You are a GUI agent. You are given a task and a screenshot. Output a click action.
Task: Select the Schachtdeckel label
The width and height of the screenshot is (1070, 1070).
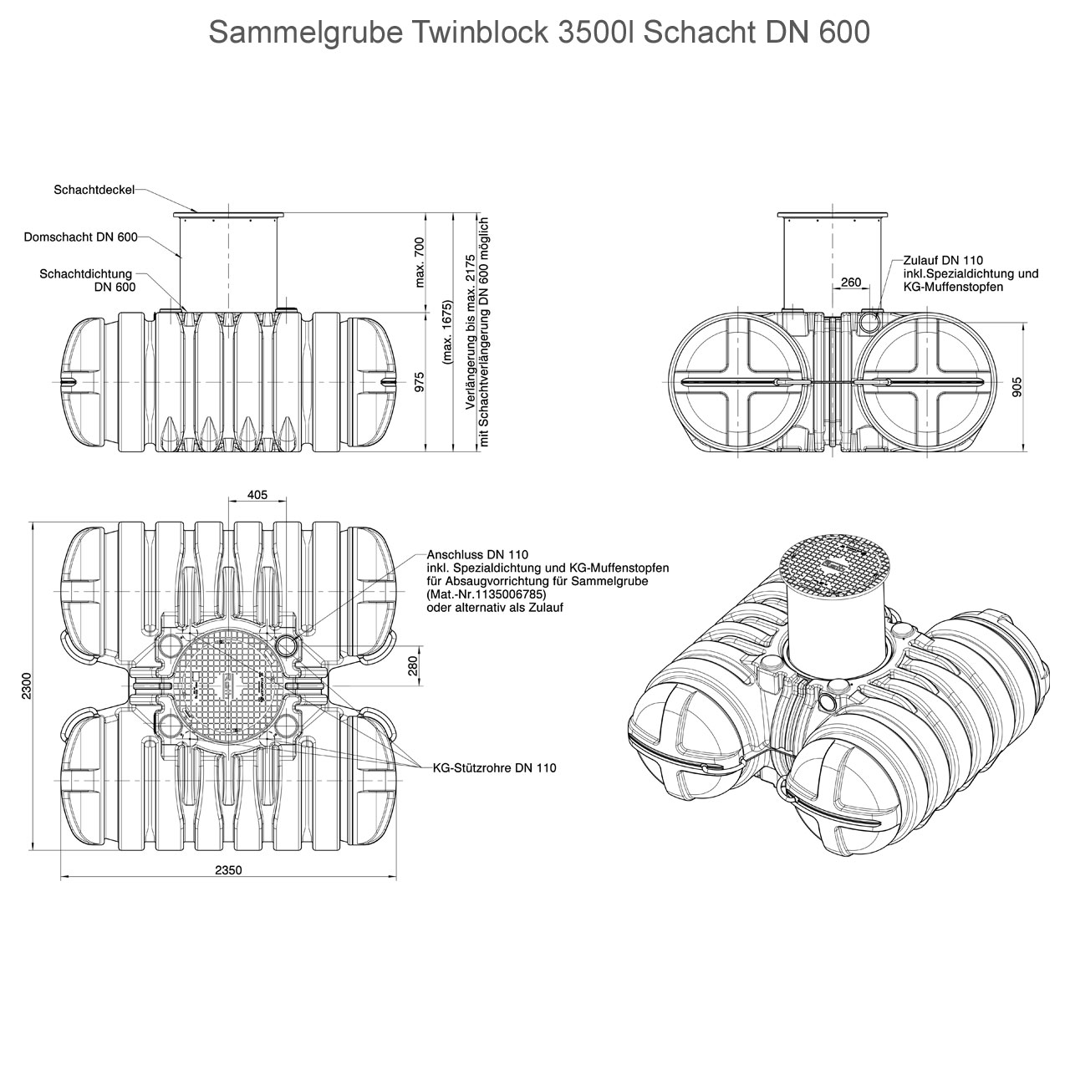94,191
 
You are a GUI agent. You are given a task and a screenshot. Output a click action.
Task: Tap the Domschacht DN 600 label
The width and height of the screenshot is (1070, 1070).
80,237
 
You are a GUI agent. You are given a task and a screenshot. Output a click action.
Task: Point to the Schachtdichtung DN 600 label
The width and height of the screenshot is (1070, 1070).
88,280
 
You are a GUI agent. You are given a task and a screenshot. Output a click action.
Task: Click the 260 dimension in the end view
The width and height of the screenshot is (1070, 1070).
851,283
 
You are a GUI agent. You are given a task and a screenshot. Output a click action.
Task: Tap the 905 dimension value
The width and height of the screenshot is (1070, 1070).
1016,386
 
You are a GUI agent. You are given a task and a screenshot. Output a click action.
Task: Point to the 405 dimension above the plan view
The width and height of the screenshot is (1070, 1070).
257,495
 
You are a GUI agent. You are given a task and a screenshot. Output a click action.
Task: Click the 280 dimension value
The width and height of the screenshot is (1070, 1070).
412,666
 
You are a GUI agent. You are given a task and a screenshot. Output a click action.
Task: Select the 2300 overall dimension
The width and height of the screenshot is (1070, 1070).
27,685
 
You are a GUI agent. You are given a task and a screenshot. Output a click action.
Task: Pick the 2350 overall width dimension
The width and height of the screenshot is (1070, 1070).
228,870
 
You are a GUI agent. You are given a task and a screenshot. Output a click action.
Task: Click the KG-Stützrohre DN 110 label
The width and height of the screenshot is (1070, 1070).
494,767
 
